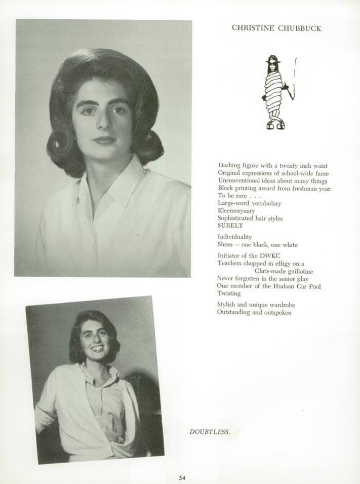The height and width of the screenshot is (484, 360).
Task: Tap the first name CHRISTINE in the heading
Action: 253,28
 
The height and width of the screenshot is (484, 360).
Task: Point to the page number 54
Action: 182,477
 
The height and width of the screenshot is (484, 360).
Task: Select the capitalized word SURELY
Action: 230,226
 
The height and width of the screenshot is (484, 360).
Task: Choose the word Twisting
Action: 229,293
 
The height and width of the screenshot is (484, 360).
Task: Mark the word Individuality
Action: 234,237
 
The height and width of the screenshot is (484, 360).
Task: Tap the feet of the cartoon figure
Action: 275,124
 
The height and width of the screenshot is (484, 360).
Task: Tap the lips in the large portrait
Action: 104,139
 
